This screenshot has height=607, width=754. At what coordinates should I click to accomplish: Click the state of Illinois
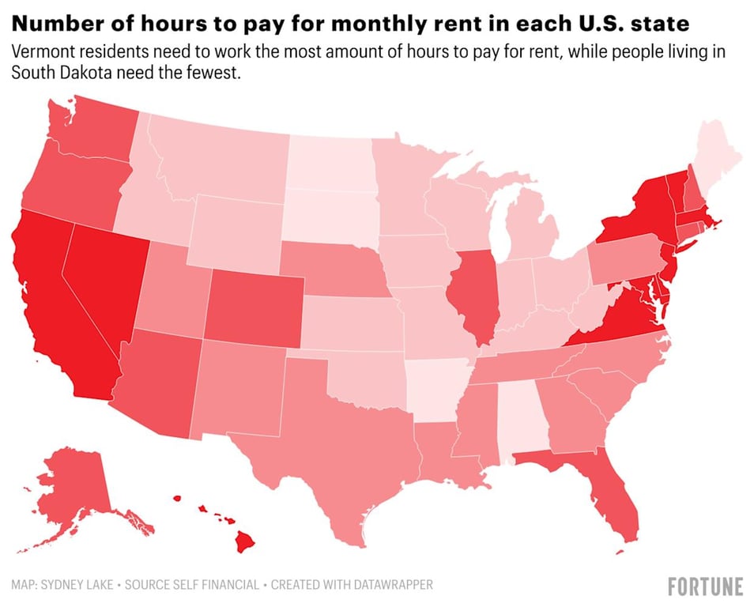(x=473, y=296)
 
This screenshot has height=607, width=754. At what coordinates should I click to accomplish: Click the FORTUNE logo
(x=705, y=586)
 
